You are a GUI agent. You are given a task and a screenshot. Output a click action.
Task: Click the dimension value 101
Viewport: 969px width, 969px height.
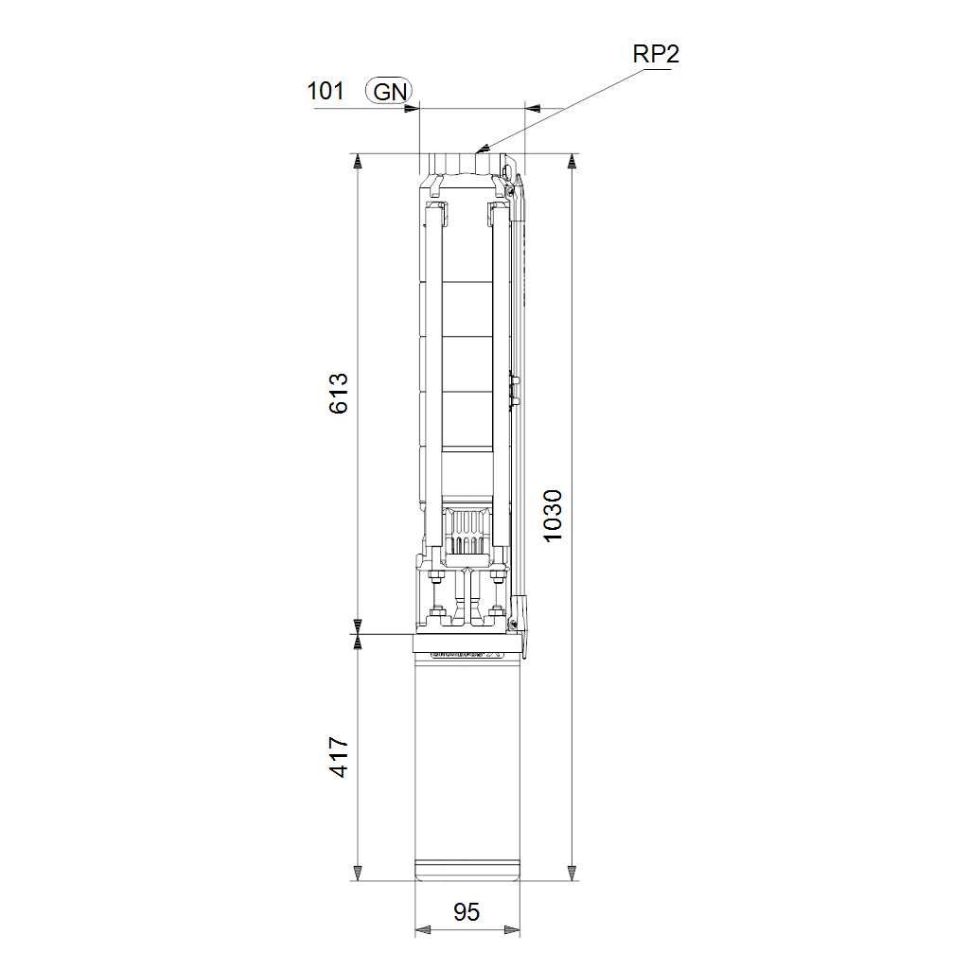pos(326,91)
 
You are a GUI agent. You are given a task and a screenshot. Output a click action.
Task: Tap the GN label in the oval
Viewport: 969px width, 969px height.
pos(390,92)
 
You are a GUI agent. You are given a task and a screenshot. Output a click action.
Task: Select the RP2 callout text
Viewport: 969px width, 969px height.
pos(656,54)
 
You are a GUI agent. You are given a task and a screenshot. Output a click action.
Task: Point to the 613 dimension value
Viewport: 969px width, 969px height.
pos(339,393)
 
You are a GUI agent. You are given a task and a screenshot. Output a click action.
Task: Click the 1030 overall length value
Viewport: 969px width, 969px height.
pos(553,516)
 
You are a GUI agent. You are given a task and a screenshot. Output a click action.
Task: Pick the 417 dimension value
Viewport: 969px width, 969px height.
pos(339,756)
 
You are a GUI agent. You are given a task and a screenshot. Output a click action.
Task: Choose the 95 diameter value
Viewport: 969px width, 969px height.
pos(467,912)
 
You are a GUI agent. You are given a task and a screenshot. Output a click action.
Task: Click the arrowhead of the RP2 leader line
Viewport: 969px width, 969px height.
pos(483,149)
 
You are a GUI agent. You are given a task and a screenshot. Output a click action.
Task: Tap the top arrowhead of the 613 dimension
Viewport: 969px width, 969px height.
pos(358,161)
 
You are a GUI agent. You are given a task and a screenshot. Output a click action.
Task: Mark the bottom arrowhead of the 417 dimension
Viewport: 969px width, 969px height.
pos(358,872)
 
